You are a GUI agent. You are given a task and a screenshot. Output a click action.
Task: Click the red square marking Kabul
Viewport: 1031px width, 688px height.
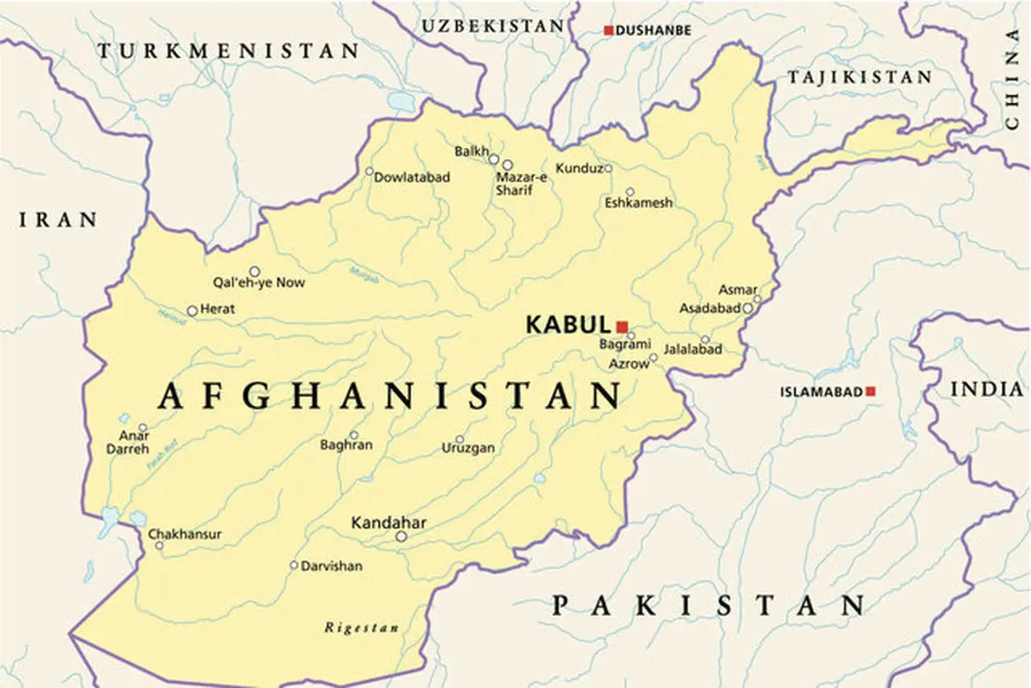click(622, 326)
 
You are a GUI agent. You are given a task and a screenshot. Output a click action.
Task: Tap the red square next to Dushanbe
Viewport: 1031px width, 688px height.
click(608, 31)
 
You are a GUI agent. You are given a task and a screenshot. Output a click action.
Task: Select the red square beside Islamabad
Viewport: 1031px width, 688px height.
click(870, 391)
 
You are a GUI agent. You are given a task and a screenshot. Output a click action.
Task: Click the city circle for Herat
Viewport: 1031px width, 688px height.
click(192, 310)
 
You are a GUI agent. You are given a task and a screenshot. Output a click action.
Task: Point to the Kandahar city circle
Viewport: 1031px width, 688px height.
click(400, 537)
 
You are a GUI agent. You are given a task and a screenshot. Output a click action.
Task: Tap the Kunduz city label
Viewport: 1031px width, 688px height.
click(579, 168)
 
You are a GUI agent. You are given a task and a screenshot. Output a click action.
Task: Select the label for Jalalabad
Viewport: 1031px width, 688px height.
click(692, 349)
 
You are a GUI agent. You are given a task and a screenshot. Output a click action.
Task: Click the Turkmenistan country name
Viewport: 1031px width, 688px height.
click(228, 52)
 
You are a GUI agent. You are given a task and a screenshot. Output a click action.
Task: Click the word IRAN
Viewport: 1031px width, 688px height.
click(58, 220)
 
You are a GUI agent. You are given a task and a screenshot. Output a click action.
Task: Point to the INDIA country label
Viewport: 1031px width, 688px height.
click(987, 390)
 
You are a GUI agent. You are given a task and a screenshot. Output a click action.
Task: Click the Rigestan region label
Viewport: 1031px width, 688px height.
click(361, 628)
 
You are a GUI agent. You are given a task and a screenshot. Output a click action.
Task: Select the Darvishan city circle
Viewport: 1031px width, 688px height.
click(294, 565)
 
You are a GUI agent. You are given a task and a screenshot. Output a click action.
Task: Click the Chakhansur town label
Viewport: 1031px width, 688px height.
click(185, 534)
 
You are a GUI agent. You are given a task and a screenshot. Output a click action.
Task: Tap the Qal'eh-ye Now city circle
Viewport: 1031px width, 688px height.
click(254, 271)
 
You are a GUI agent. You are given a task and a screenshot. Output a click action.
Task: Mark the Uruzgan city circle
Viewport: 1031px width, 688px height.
click(459, 439)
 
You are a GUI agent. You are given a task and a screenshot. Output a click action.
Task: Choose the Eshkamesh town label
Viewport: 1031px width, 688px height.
click(638, 203)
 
